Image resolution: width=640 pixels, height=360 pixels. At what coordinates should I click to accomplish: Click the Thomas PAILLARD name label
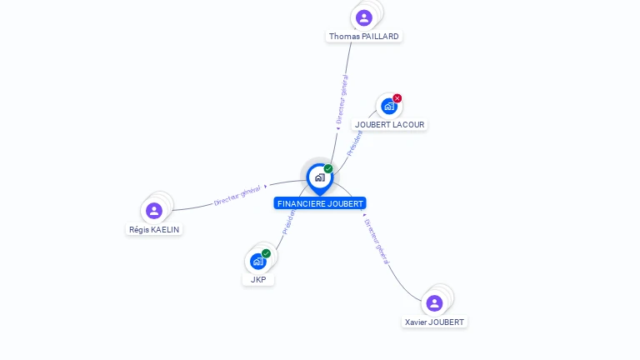point(364,37)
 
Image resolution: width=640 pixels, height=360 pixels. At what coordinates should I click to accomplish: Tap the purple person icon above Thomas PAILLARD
point(363,17)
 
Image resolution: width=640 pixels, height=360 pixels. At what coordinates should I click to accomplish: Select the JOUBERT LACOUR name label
point(389,125)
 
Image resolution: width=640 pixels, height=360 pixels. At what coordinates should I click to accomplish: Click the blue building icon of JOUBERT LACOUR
point(388,106)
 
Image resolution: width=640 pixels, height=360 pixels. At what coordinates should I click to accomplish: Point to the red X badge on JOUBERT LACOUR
point(397,98)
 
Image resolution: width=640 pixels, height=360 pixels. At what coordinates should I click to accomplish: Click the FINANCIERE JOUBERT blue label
point(320,203)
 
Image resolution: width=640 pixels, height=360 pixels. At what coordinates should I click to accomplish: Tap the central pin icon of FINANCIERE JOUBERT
point(319,177)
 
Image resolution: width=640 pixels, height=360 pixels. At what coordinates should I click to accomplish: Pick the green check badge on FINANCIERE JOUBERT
point(328,168)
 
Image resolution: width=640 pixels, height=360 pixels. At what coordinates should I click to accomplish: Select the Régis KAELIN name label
point(154,229)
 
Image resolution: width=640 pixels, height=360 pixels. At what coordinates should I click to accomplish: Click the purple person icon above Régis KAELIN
point(153,210)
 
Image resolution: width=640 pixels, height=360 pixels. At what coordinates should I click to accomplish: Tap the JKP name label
point(258,280)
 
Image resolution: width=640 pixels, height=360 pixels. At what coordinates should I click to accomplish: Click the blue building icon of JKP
point(258,261)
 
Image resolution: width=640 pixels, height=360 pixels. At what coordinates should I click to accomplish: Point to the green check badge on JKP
point(267,253)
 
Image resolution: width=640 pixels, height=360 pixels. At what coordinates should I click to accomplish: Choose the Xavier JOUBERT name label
point(435,322)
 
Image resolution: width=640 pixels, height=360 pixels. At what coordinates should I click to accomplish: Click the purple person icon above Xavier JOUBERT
point(434,302)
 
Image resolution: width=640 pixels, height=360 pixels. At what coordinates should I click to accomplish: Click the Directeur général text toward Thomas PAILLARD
point(342,99)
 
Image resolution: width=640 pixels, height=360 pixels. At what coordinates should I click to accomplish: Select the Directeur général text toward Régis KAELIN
point(237,195)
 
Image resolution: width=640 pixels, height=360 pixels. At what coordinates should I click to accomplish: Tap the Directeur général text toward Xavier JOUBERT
point(377,242)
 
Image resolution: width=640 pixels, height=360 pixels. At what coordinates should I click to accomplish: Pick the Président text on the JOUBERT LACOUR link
point(356,142)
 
